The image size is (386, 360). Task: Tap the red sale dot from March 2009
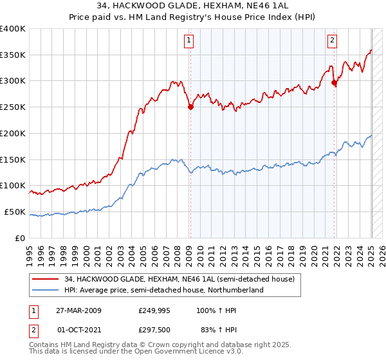tap(190, 107)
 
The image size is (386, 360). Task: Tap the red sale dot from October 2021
tap(334, 82)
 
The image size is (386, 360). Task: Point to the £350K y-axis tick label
tap(13, 55)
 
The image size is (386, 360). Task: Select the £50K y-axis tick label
tap(15, 212)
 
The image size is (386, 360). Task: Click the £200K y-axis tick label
tap(13, 133)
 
